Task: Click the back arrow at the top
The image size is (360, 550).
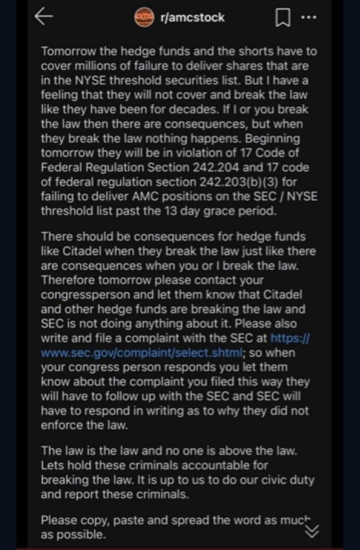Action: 44,17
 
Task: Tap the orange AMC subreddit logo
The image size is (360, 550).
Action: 144,17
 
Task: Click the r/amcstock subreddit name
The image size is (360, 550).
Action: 192,18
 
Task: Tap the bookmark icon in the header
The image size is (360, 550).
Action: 282,19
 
